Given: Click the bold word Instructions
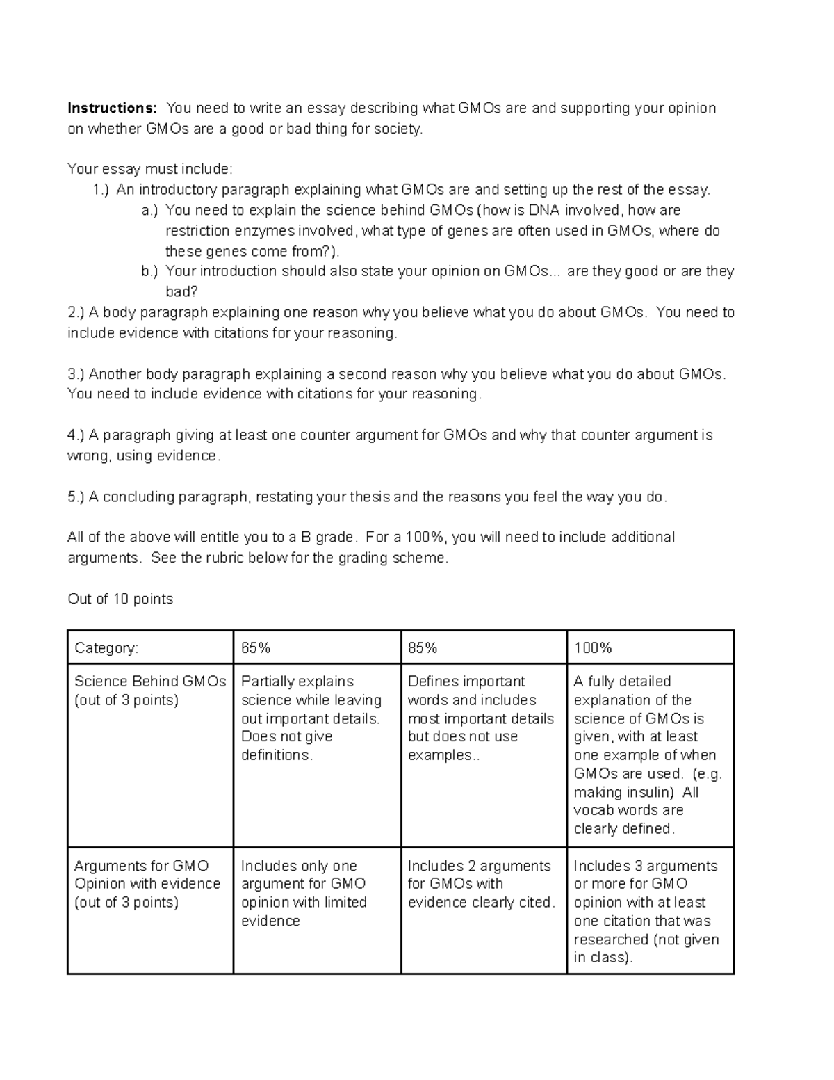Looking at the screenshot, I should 112,108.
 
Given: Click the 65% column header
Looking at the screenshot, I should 256,648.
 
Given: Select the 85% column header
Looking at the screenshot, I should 423,648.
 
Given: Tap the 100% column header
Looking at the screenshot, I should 593,648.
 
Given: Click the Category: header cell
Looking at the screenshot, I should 106,648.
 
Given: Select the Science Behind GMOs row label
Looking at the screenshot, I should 150,691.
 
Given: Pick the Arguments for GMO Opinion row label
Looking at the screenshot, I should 147,884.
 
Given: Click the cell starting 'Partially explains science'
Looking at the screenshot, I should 311,718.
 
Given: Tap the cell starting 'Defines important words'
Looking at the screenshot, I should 480,718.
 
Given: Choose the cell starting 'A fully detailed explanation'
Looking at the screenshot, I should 648,755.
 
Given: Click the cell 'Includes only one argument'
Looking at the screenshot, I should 304,893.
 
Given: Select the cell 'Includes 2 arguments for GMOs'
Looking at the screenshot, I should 481,884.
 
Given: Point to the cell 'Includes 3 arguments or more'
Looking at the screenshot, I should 646,911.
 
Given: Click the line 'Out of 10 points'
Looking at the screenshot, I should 120,599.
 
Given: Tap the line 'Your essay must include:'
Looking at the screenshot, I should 150,169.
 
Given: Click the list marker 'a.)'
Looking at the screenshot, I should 149,210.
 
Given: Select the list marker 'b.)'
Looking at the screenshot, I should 149,271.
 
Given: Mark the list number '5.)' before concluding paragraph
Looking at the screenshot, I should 76,497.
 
